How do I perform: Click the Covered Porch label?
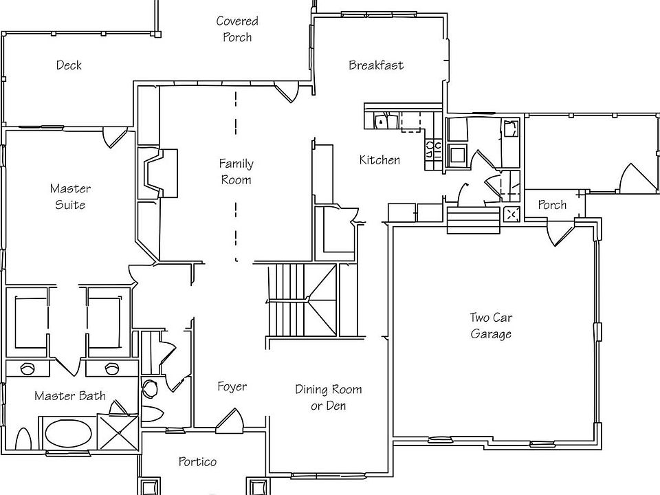click(x=237, y=29)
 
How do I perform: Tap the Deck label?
click(x=69, y=65)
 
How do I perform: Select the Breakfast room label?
click(x=376, y=65)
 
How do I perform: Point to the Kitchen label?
click(x=379, y=160)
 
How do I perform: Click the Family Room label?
click(x=236, y=172)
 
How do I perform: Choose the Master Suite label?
click(x=70, y=197)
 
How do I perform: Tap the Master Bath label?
click(x=70, y=396)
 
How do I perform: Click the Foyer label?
click(x=232, y=387)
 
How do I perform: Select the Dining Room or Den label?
click(x=329, y=397)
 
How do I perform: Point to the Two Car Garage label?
click(x=491, y=326)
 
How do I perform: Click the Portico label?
click(x=197, y=461)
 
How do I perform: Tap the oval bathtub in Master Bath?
click(x=68, y=434)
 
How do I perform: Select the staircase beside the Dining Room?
click(x=302, y=300)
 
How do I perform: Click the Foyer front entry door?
click(x=230, y=419)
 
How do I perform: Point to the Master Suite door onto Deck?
click(x=112, y=137)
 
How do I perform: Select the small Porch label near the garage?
click(x=552, y=205)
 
